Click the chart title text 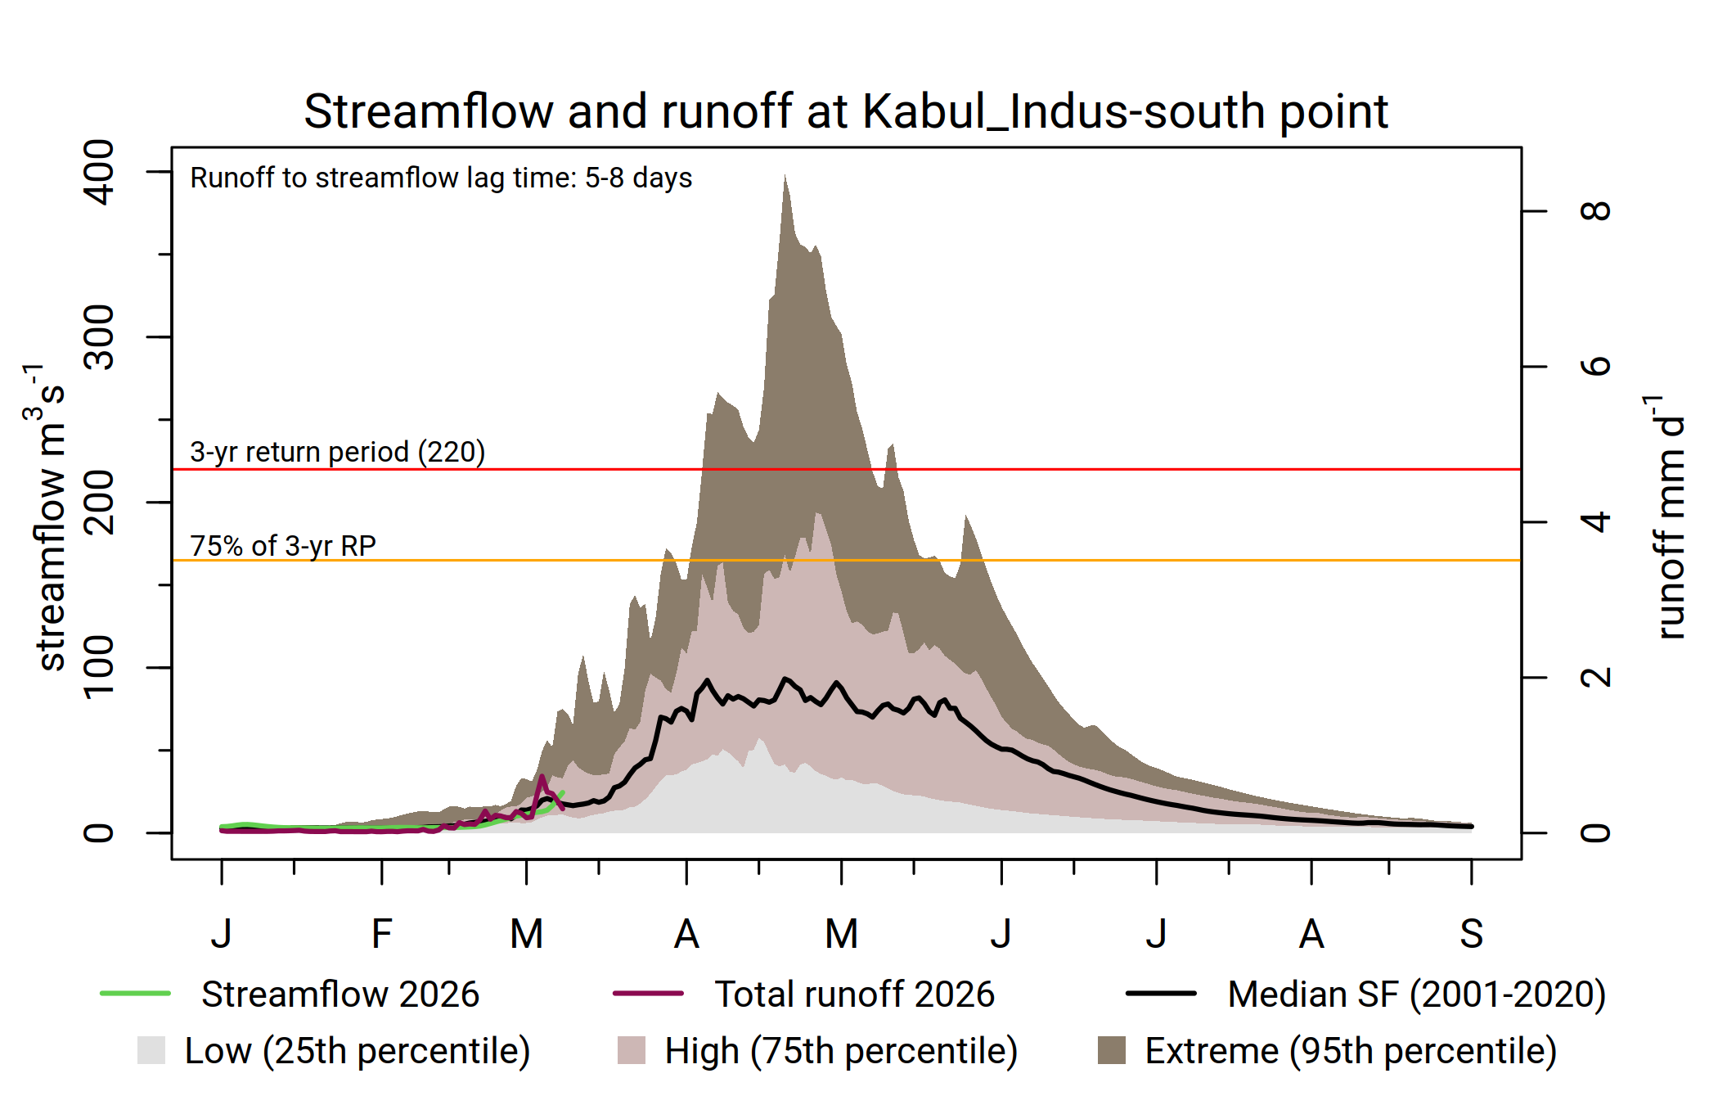click(x=846, y=111)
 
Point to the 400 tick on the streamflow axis click(x=100, y=172)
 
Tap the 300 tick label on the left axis click(x=100, y=337)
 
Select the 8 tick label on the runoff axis click(x=1595, y=211)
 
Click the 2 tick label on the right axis click(x=1595, y=678)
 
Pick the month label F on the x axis click(x=381, y=934)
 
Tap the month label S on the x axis click(x=1471, y=934)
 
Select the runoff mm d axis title click(x=1669, y=517)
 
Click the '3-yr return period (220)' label click(x=337, y=452)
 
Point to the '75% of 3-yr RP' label click(x=283, y=546)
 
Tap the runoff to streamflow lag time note click(x=441, y=178)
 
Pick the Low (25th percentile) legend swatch click(x=151, y=1050)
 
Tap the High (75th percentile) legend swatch click(x=632, y=1050)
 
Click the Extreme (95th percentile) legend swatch click(x=1111, y=1050)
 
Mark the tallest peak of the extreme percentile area click(x=785, y=175)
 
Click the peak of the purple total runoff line click(x=542, y=776)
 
